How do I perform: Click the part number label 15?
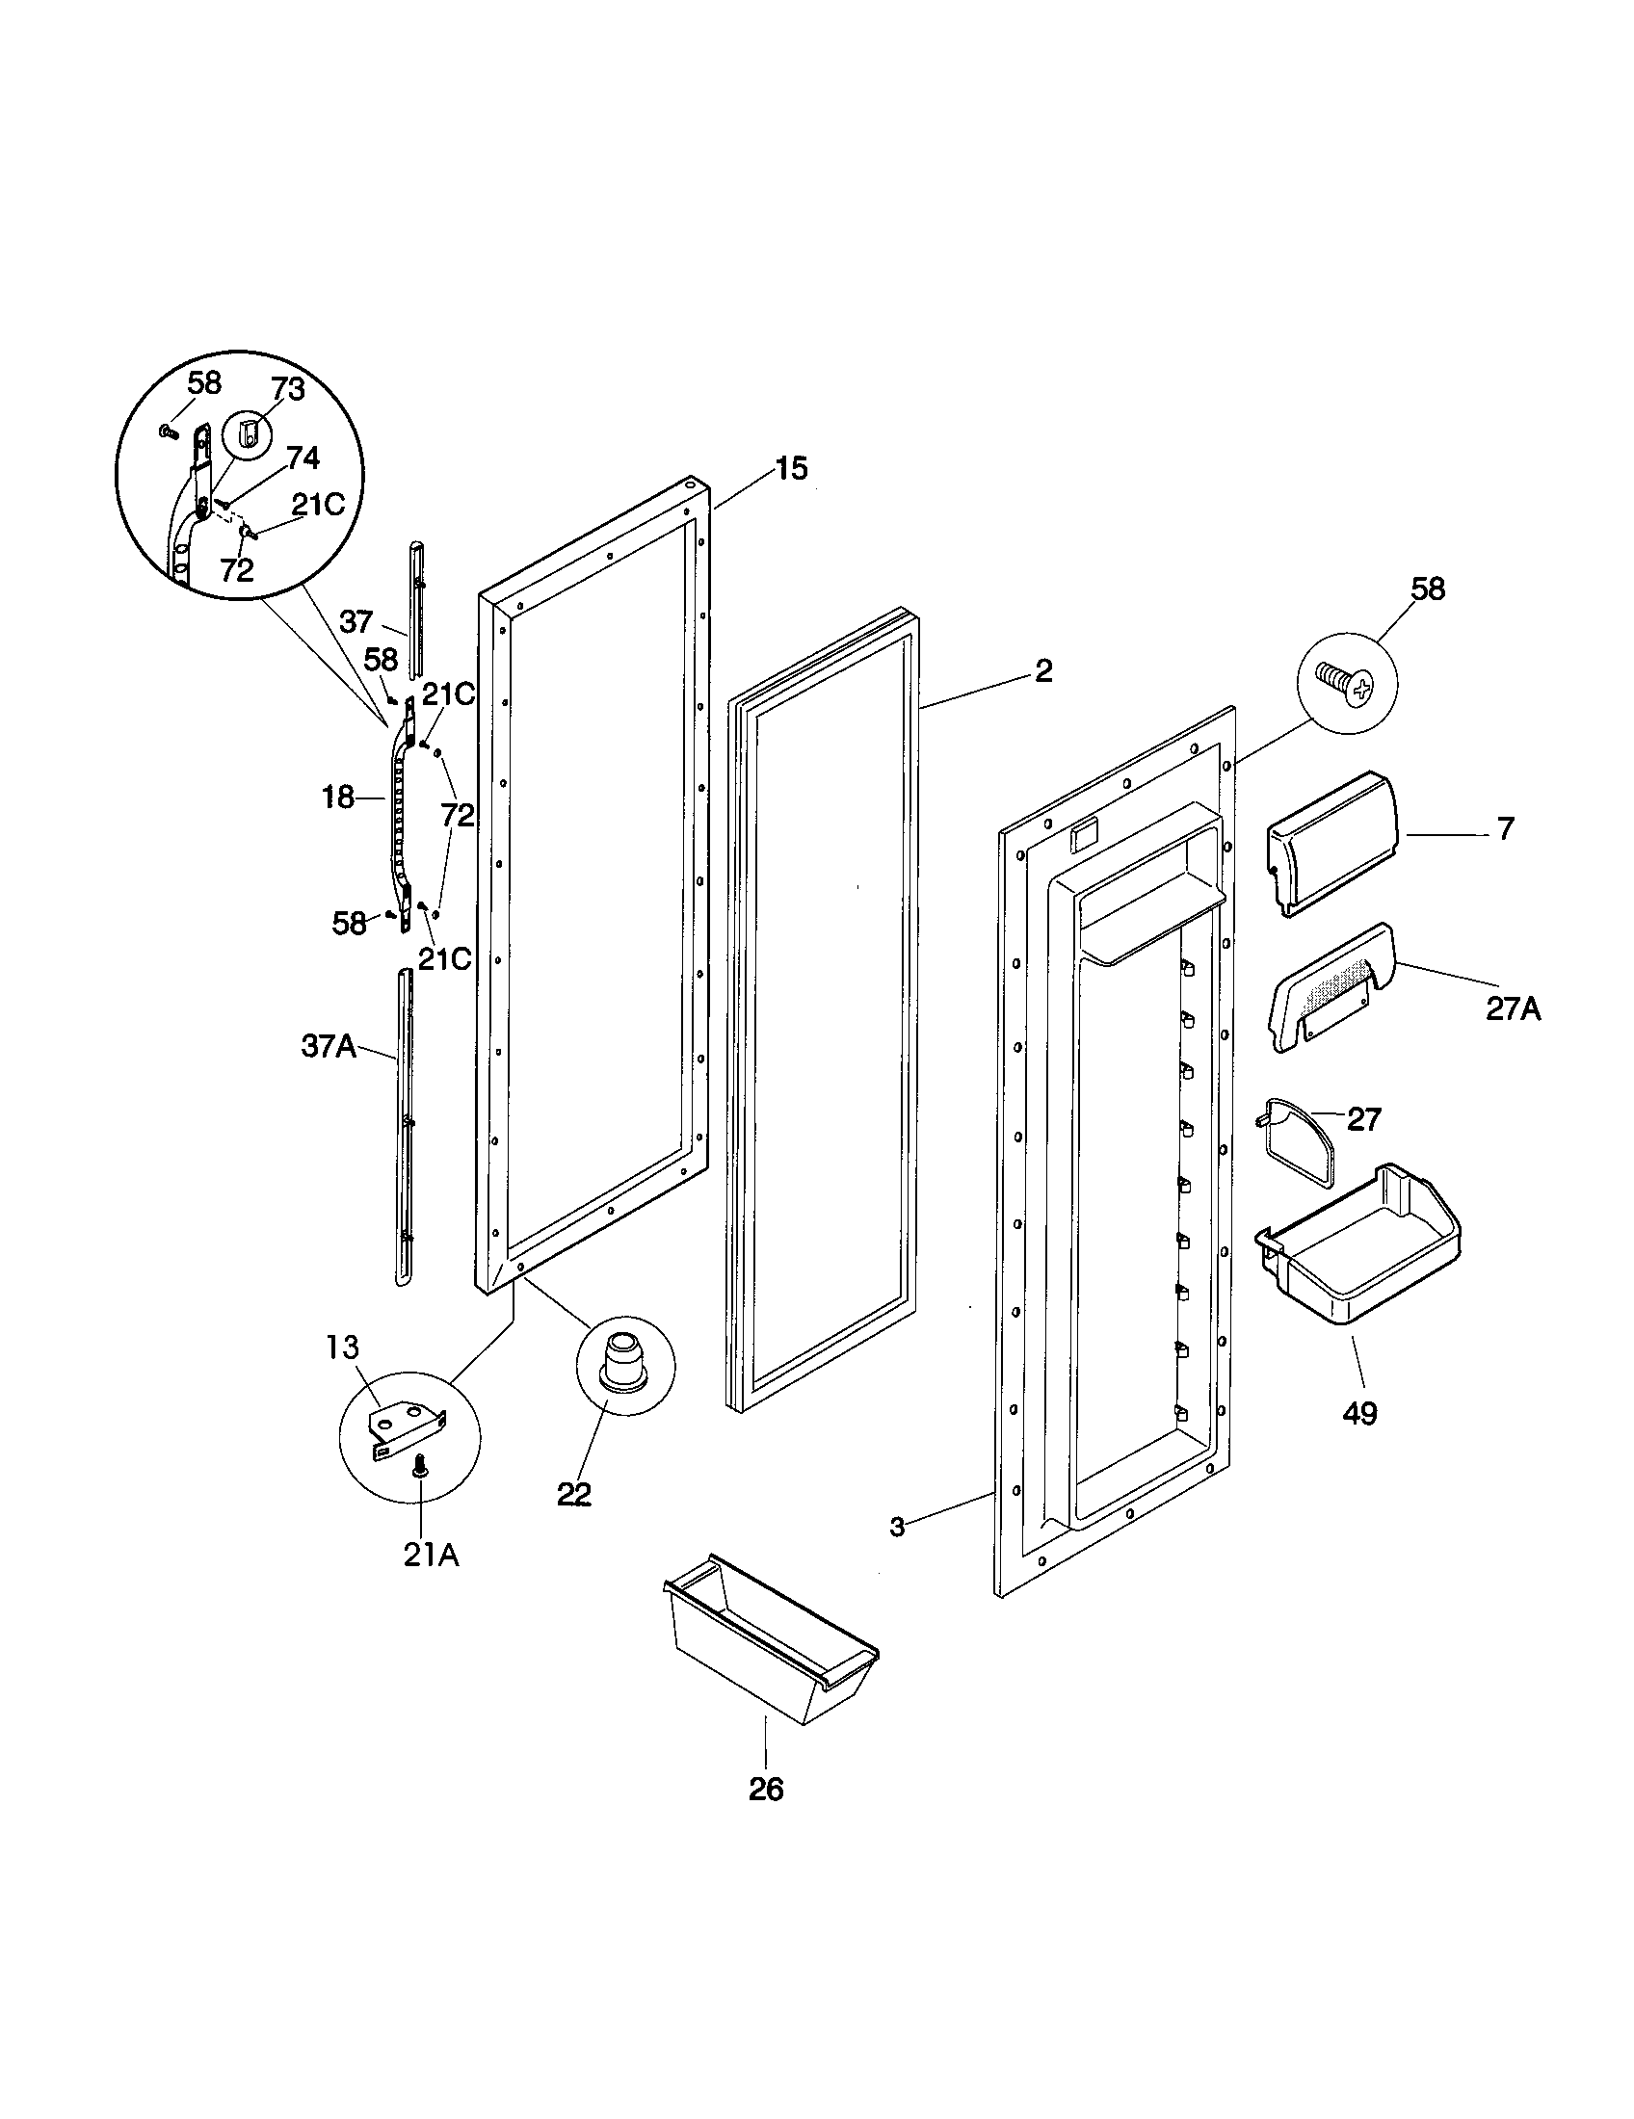pyautogui.click(x=791, y=470)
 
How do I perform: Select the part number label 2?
pyautogui.click(x=1043, y=670)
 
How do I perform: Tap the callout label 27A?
pyautogui.click(x=1513, y=1010)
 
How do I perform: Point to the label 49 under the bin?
pyautogui.click(x=1359, y=1414)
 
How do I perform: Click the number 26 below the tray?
pyautogui.click(x=766, y=1790)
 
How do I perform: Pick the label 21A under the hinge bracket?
pyautogui.click(x=431, y=1556)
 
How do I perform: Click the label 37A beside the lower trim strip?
pyautogui.click(x=328, y=1048)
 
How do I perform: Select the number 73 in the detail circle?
pyautogui.click(x=288, y=390)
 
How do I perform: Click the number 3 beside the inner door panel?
pyautogui.click(x=898, y=1529)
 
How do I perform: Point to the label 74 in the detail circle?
pyautogui.click(x=303, y=457)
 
